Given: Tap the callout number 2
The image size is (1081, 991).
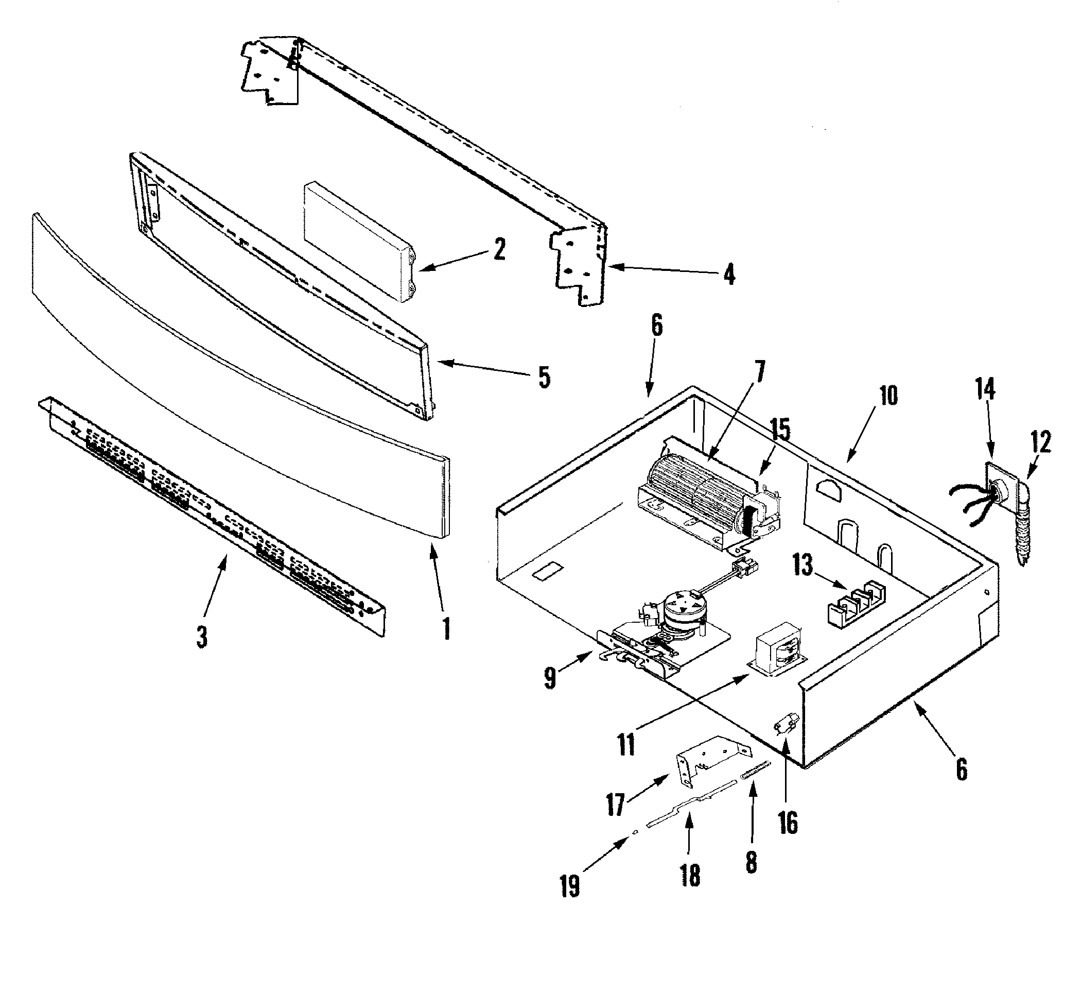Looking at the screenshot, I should pos(499,249).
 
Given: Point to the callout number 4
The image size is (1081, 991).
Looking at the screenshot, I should pos(729,275).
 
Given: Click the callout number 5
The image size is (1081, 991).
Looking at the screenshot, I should pos(544,377).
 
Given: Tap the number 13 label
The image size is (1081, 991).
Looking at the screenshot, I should pos(803,566).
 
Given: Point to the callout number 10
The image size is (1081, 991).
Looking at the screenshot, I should pos(888,396).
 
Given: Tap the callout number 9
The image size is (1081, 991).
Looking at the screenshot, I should pos(550,678).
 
